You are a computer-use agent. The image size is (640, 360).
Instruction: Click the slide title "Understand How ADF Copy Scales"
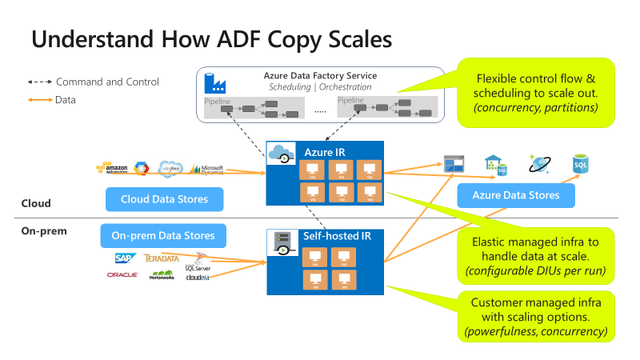(211, 40)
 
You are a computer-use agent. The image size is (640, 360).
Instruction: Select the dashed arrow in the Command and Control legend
(39, 82)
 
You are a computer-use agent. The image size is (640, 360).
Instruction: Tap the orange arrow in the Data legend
(39, 99)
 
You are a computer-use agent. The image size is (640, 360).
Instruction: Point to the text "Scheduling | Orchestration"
(320, 86)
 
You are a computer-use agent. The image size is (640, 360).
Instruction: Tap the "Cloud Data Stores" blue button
(164, 199)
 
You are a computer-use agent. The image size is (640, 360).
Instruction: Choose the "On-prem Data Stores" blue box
(163, 235)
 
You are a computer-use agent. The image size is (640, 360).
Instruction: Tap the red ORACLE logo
(122, 275)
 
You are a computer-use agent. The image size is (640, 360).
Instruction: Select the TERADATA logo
(162, 258)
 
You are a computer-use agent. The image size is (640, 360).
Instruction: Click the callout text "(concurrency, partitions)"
(536, 107)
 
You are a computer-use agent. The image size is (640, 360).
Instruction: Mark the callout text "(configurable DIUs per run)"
(536, 272)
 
